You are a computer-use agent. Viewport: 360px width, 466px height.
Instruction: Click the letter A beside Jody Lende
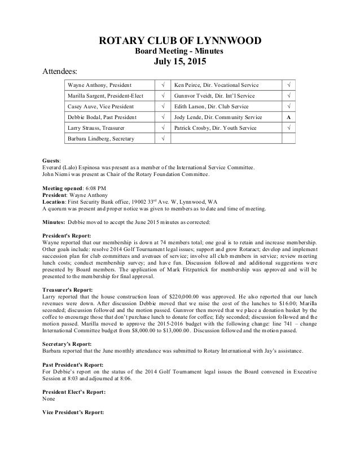288,117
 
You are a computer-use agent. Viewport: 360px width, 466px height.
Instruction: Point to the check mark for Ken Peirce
288,85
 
